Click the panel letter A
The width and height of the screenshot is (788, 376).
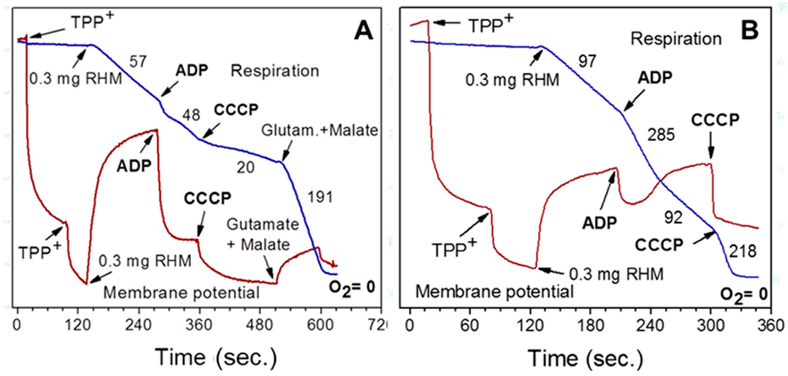tap(363, 32)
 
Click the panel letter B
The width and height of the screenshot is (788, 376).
tap(750, 32)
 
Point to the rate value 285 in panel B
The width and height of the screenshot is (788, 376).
tap(661, 135)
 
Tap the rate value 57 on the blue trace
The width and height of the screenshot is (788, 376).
tap(138, 62)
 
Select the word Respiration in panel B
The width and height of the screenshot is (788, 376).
tap(676, 39)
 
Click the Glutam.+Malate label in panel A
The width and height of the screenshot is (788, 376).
tap(319, 130)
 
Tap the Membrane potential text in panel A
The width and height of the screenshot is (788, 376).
tap(181, 293)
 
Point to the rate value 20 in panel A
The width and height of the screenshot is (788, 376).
tap(245, 168)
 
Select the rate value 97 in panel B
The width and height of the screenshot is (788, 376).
tap(587, 61)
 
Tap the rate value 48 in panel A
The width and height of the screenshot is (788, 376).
tap(191, 115)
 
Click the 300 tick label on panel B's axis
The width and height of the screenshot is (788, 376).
tap(711, 325)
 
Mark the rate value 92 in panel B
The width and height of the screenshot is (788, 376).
tap(673, 218)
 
